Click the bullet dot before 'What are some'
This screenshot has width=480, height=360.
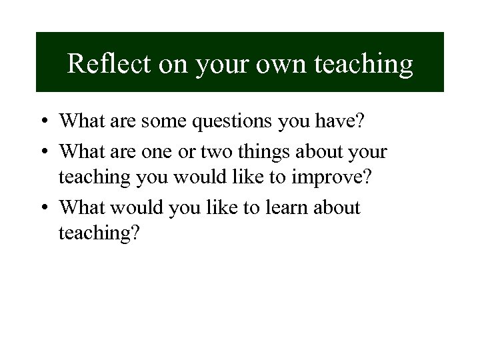click(42, 121)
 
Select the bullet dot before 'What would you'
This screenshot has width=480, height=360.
click(42, 208)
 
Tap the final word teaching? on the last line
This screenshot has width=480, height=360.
click(100, 235)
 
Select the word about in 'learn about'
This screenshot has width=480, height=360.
click(341, 207)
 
